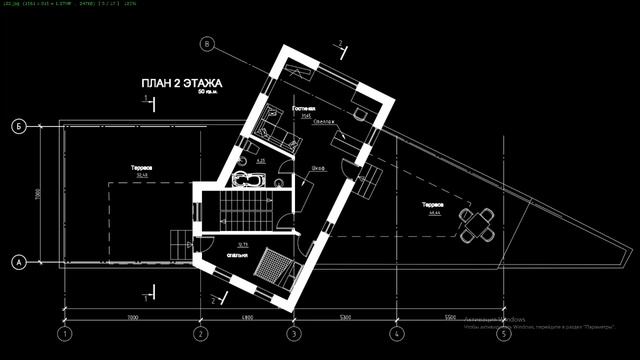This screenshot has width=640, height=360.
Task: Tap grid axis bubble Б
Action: click(x=18, y=127)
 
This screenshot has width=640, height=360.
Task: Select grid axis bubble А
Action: click(x=18, y=263)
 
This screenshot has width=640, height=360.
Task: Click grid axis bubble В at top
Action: click(x=208, y=44)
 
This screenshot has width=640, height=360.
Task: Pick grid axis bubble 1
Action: click(x=65, y=333)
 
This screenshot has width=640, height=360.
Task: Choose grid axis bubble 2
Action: click(x=200, y=333)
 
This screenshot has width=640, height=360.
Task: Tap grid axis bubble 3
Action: click(x=293, y=333)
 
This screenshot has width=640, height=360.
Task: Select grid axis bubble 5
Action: click(x=502, y=333)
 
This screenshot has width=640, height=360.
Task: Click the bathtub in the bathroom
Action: click(x=246, y=181)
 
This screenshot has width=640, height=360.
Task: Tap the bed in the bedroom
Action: click(x=271, y=266)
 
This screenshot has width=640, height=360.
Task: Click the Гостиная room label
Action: click(x=304, y=108)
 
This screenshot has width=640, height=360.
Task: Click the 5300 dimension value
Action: click(x=344, y=318)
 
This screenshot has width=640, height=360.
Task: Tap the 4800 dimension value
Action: click(x=246, y=318)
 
